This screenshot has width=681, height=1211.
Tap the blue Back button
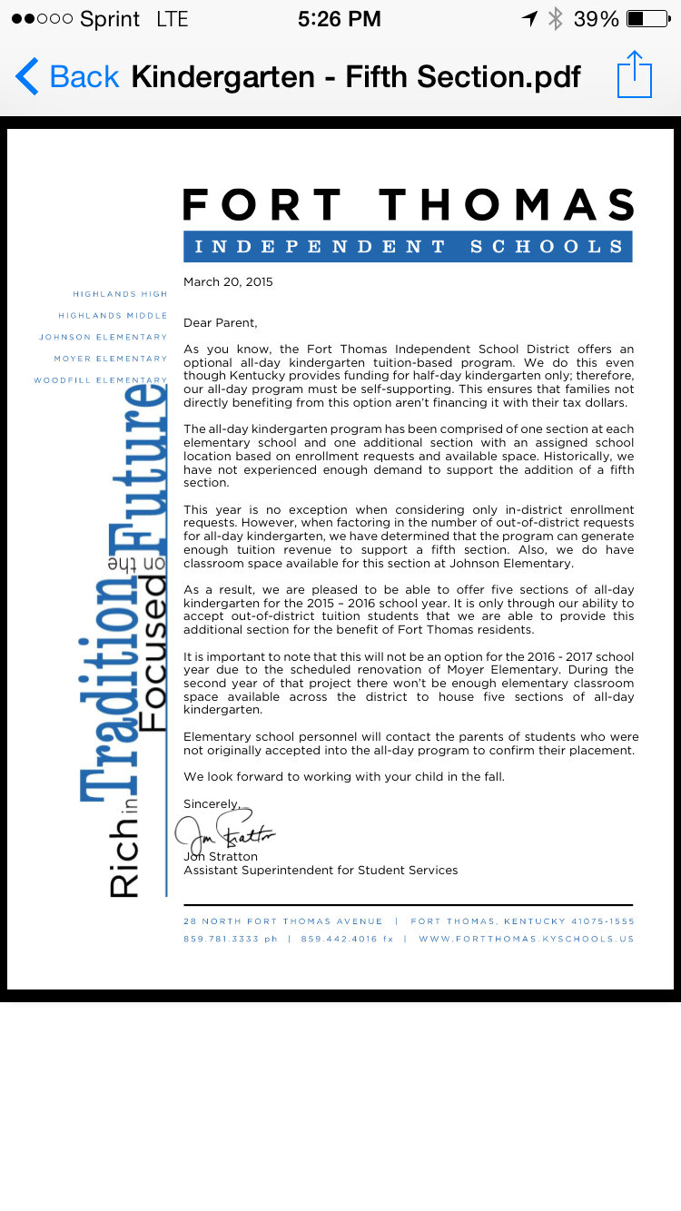[67, 76]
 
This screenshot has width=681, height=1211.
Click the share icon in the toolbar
[634, 75]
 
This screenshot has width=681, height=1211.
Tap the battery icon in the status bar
[647, 19]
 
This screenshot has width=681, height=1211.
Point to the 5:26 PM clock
[340, 19]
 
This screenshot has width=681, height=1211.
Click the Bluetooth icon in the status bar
[555, 19]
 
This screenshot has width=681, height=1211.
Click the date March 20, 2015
[228, 282]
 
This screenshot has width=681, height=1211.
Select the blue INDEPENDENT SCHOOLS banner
[408, 246]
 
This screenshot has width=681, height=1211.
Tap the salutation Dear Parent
[221, 323]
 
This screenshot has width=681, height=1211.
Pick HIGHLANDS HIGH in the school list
[120, 294]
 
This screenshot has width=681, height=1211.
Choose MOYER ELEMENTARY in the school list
[110, 359]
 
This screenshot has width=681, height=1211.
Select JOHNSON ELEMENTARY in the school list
[103, 337]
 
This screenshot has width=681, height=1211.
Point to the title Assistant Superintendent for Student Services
[321, 871]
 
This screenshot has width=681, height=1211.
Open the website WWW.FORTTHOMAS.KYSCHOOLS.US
[526, 939]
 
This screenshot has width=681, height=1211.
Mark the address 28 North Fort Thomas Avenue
[282, 921]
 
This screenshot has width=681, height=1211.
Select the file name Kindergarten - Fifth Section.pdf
[356, 76]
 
